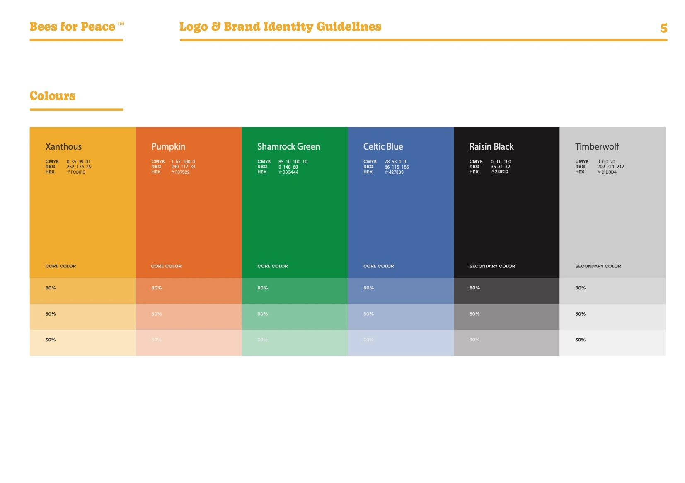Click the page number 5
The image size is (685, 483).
[663, 28]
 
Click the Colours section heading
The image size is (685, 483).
[53, 96]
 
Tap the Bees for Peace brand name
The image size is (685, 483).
[73, 27]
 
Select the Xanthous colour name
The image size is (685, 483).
[63, 147]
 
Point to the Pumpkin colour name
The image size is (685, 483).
[168, 147]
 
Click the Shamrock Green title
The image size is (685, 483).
[288, 147]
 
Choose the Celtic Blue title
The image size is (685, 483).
[383, 147]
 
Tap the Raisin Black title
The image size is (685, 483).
[491, 147]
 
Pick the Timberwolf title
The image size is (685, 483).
[597, 147]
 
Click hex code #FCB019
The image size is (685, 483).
[76, 172]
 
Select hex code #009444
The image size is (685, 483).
[288, 172]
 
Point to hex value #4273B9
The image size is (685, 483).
[394, 172]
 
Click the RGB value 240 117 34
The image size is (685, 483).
[183, 167]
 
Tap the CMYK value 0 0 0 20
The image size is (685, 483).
[606, 162]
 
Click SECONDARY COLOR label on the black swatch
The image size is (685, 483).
[492, 266]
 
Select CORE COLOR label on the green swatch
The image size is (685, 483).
[272, 266]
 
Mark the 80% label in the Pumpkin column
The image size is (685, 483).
[157, 288]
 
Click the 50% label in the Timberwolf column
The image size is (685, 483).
[580, 314]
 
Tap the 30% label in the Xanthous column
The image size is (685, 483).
[51, 340]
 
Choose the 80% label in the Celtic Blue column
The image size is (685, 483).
[368, 288]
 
